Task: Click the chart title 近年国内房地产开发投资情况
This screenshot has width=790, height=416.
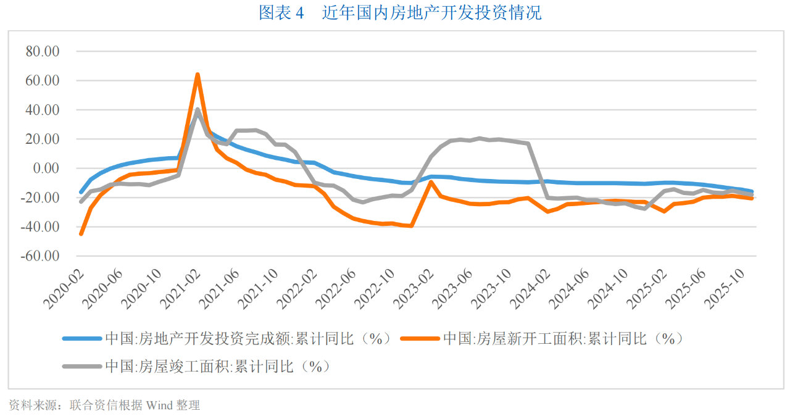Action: [431, 13]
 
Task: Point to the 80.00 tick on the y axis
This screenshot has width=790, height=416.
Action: [42, 52]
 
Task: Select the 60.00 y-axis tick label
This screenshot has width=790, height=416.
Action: [42, 81]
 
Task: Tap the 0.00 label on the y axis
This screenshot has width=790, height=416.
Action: [45, 168]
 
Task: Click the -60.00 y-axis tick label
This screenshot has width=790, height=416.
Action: [39, 256]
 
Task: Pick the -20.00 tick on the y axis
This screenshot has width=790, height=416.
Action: [39, 198]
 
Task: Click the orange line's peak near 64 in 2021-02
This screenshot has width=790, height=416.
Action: [197, 75]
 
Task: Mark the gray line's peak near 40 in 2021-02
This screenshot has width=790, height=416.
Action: [197, 110]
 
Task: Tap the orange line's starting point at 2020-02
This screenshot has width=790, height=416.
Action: [81, 234]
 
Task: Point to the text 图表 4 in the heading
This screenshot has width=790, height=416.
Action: [281, 13]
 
